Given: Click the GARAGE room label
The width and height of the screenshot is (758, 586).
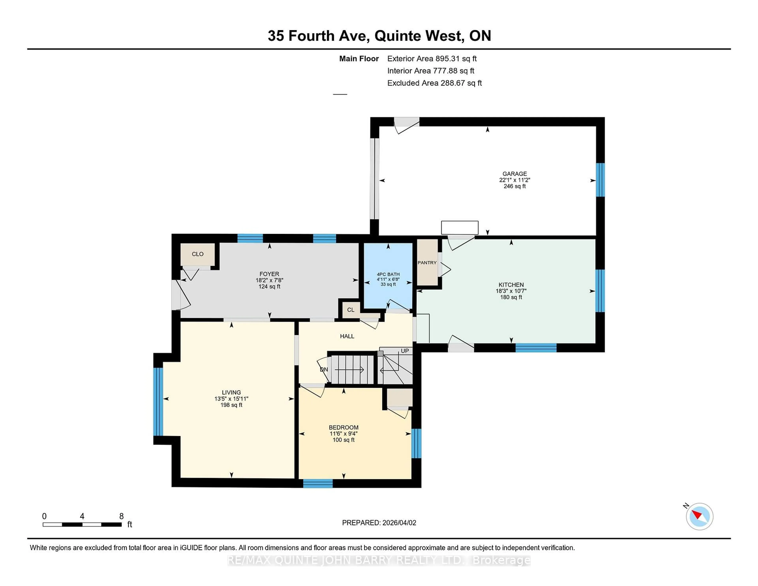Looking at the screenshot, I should [x=514, y=174].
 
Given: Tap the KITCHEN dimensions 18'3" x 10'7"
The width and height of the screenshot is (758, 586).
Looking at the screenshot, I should [x=511, y=291].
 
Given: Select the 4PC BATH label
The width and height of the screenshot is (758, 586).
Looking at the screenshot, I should [x=388, y=274].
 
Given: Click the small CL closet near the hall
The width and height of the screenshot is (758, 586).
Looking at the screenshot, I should [x=351, y=310].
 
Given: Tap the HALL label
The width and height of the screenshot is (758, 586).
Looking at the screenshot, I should [x=347, y=336].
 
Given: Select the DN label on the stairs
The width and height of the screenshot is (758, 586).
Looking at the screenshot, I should [x=324, y=369].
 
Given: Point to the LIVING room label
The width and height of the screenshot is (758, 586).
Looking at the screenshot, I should [x=231, y=392].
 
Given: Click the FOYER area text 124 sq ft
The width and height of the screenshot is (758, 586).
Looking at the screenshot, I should [x=269, y=286].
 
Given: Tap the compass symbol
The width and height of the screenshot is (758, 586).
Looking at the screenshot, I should [x=699, y=517].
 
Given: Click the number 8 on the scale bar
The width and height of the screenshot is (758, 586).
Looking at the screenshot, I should [x=121, y=516].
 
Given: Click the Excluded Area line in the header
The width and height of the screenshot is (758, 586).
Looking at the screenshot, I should [x=434, y=83].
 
